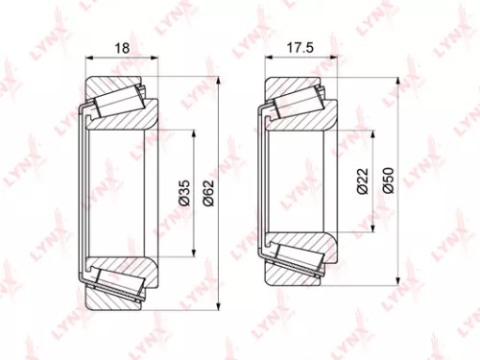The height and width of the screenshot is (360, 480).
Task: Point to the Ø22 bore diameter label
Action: click(x=362, y=181)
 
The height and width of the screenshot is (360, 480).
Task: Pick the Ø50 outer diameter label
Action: click(x=387, y=181)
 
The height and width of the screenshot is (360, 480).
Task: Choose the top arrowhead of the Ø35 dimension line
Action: click(x=195, y=130)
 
